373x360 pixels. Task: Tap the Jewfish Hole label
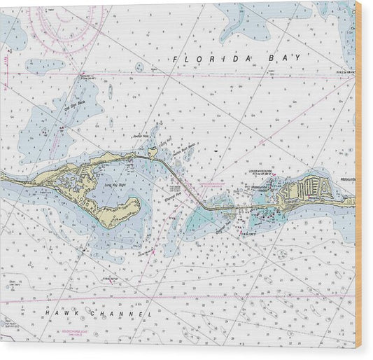pos(142,138)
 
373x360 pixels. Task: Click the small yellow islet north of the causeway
pos(152,151)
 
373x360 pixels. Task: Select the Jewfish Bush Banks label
pos(183,147)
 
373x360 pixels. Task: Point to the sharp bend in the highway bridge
pos(203,205)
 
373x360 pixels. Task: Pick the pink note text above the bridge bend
pos(210,185)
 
